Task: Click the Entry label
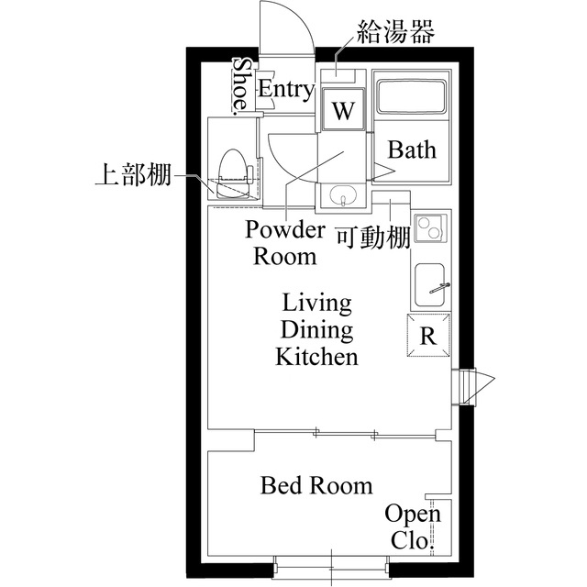(285, 89)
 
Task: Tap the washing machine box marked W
(342, 111)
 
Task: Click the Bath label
(412, 150)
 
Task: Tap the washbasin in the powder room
(343, 196)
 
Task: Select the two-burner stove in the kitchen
(428, 229)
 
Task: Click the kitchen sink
(430, 286)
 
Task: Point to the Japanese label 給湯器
(394, 33)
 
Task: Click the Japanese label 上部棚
(132, 175)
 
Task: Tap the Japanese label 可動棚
(371, 238)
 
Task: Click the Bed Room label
(316, 485)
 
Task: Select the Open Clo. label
(412, 526)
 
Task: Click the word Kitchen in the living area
(316, 357)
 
